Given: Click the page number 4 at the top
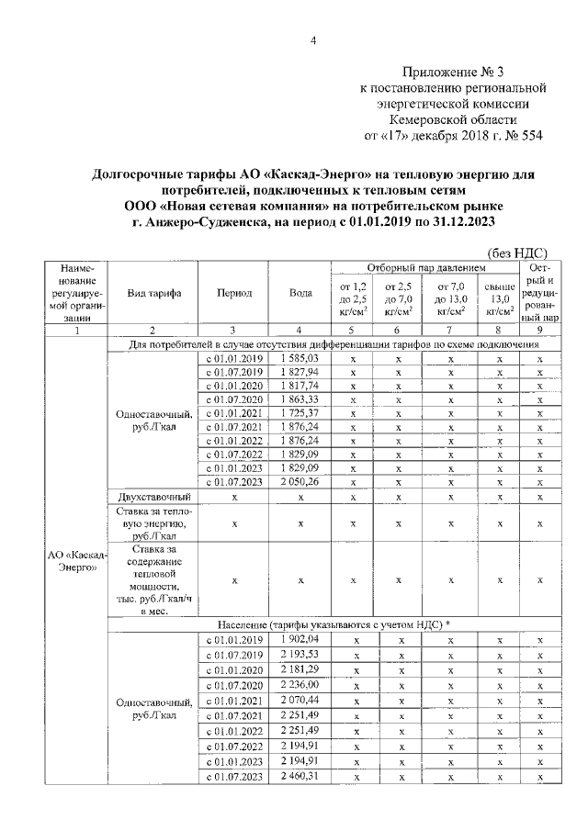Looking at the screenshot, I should [312, 40].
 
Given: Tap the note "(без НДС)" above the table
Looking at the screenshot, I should [516, 253].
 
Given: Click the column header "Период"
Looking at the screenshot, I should [234, 293].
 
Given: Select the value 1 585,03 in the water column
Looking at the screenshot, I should [300, 357].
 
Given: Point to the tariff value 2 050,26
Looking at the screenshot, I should [300, 482].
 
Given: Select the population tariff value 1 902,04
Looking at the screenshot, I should [300, 639].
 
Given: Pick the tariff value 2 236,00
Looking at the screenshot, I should [300, 685].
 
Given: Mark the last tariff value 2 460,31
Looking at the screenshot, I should [300, 777].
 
